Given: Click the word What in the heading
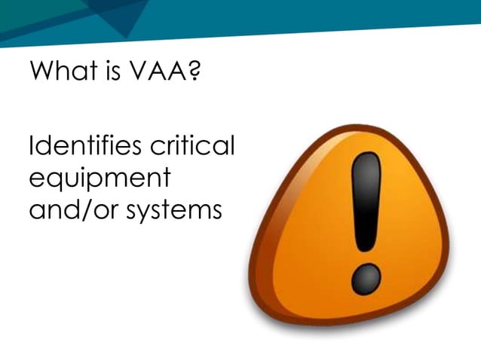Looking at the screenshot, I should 59,74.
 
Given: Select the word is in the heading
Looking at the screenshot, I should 109,74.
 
